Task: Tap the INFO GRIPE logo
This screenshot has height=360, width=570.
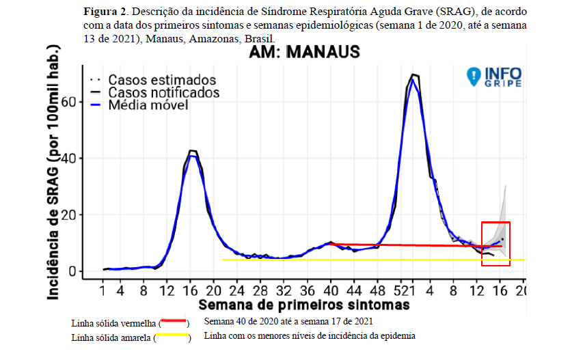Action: (494, 77)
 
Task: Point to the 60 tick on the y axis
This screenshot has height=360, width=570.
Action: (67, 102)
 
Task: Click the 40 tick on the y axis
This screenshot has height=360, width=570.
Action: (67, 158)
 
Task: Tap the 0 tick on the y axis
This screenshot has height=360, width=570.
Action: (71, 271)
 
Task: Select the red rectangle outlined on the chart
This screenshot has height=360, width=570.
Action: (496, 244)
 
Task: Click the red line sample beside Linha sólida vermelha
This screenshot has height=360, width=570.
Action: (172, 320)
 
